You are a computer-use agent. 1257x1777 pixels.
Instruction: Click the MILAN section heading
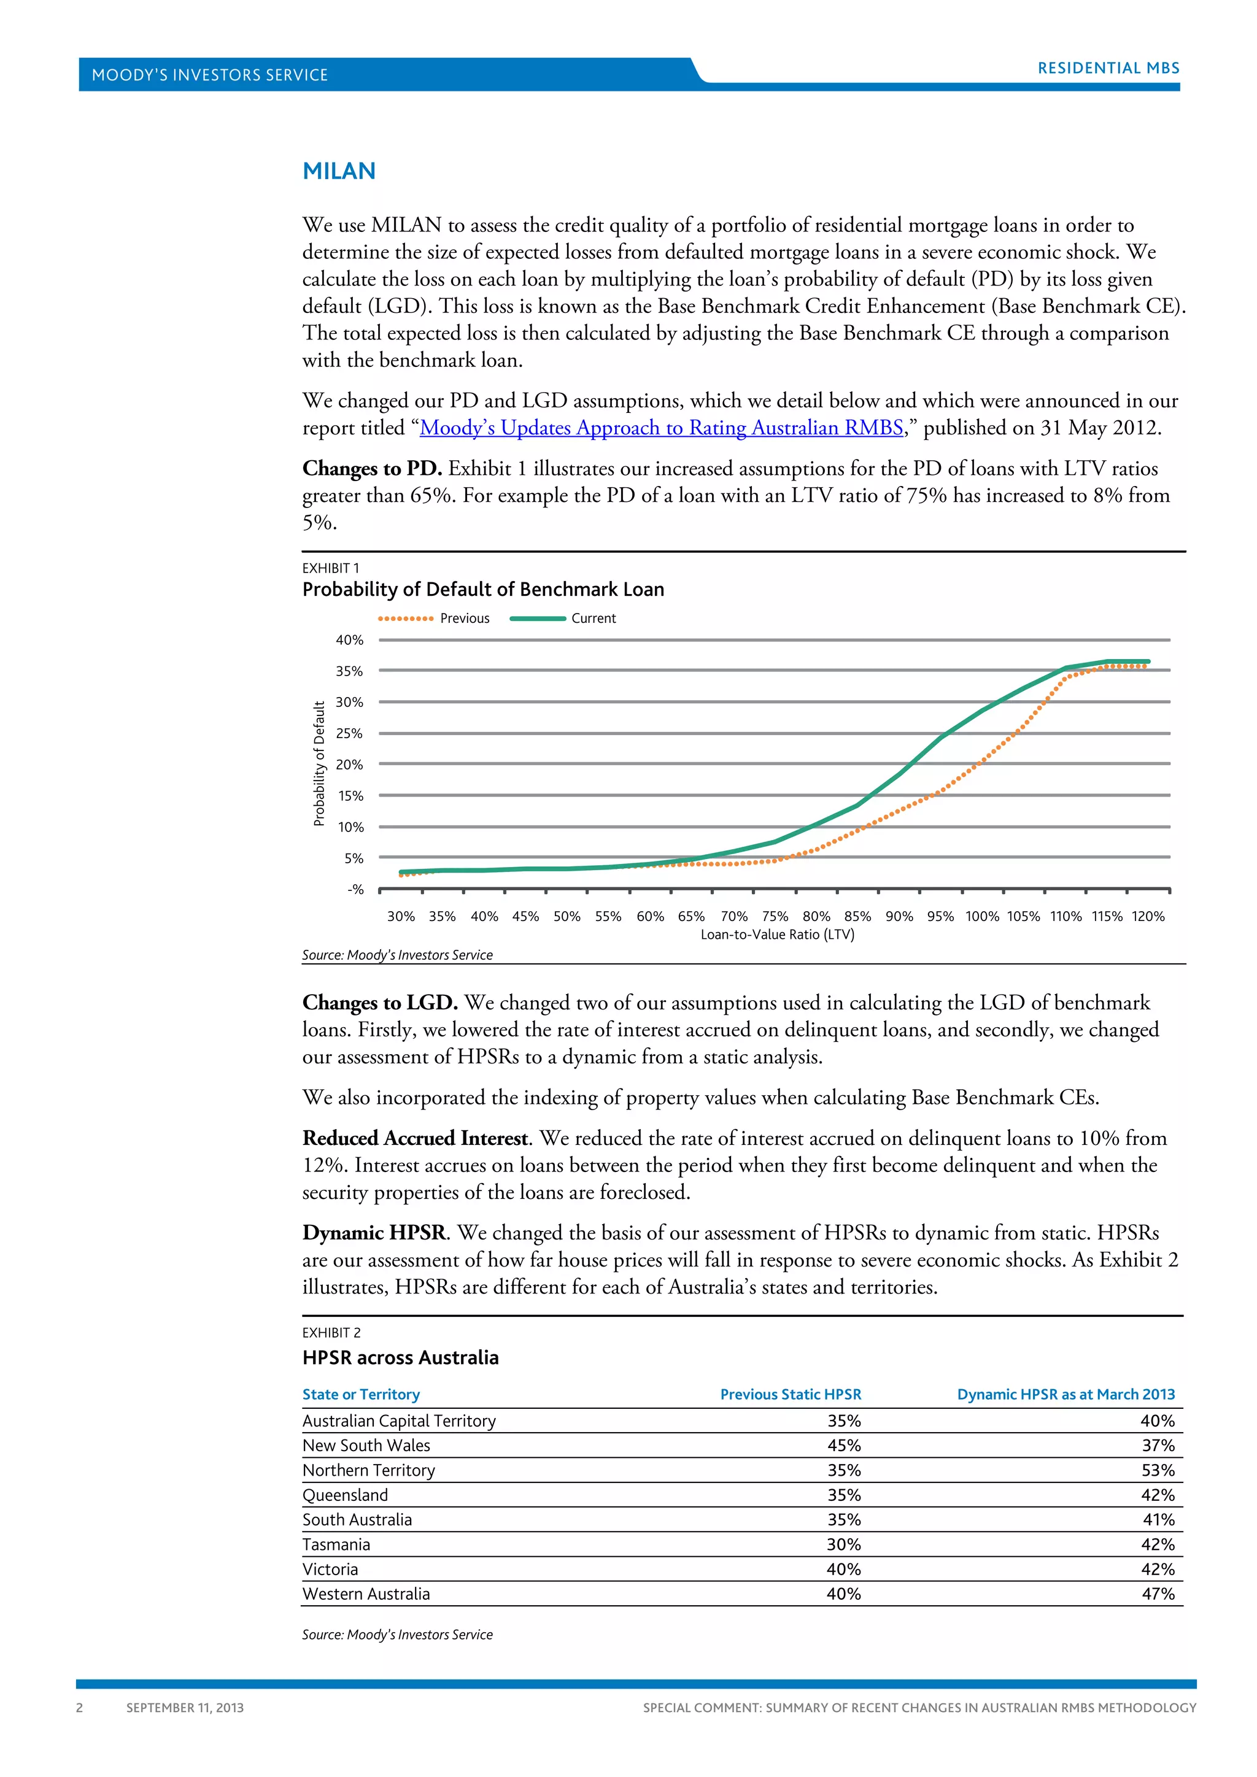pos(338,171)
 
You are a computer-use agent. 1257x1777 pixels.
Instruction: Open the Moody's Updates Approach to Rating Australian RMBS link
pos(661,428)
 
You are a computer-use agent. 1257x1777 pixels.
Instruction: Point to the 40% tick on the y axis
pos(349,640)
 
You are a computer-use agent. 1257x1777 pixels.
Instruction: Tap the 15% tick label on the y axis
pos(350,796)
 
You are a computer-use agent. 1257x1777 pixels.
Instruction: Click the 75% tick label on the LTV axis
pos(775,916)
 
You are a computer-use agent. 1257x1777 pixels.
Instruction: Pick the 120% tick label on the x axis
pos(1148,916)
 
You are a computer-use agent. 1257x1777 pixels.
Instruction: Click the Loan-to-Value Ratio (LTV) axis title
pos(777,935)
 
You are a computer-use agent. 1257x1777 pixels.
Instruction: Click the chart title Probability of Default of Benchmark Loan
pos(483,590)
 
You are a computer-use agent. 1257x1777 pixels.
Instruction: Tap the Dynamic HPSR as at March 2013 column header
pos(1066,1395)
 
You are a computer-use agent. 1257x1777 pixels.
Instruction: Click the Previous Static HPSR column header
pos(791,1395)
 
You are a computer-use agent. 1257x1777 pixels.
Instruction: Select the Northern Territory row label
pos(368,1471)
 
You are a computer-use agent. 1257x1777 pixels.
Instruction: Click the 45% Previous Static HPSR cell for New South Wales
pos(844,1446)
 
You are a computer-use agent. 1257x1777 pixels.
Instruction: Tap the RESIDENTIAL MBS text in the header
pos(1108,68)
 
